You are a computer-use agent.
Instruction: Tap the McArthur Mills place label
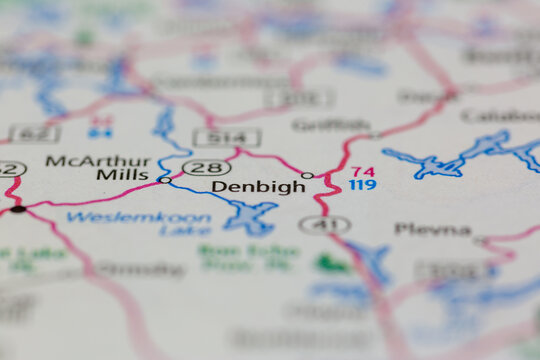[97, 167]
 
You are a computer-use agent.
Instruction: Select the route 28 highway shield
[206, 167]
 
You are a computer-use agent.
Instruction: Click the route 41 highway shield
[324, 225]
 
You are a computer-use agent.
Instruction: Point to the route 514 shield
[227, 138]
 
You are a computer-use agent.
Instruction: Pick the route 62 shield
[34, 133]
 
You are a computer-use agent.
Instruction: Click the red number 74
[363, 171]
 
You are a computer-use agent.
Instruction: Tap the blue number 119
[363, 185]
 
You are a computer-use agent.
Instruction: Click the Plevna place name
[432, 229]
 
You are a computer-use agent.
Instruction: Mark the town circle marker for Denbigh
[307, 176]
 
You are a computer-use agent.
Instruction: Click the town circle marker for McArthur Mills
[164, 180]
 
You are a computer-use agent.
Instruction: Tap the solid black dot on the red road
[18, 209]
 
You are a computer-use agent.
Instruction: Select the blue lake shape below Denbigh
[250, 214]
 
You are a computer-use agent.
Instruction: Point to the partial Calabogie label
[500, 115]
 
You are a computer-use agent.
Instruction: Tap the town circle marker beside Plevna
[481, 240]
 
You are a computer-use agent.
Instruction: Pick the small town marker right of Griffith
[375, 135]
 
